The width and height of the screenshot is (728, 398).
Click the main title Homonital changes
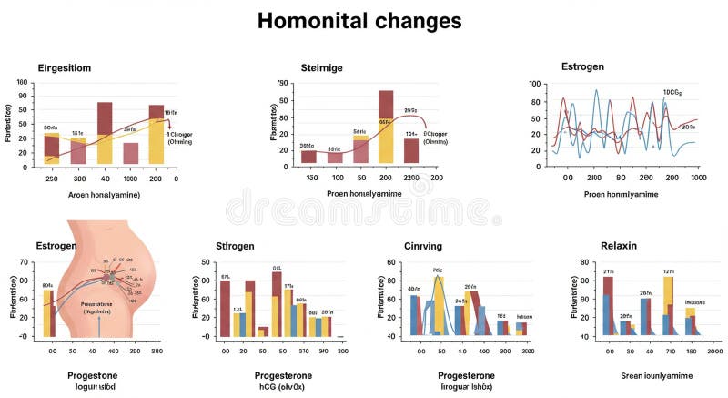coord(359,21)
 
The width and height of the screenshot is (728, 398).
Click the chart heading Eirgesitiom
coord(64,68)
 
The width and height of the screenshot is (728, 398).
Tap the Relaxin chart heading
coord(619,246)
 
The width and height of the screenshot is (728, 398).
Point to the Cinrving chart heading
coord(423,246)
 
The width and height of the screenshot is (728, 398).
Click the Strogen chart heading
coord(234,246)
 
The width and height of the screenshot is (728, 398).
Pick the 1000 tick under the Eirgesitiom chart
coord(130,179)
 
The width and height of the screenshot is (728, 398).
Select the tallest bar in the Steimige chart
coord(386,126)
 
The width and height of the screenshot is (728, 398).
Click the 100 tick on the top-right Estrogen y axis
coord(535,84)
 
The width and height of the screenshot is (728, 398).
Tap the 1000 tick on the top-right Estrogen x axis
coord(698,179)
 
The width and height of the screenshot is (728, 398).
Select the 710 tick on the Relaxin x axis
coord(669,351)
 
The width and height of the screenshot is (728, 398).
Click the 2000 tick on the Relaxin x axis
coord(714,351)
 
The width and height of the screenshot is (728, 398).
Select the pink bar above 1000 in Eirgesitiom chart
coord(131,153)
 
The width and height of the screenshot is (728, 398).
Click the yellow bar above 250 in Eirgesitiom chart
coord(52,148)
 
